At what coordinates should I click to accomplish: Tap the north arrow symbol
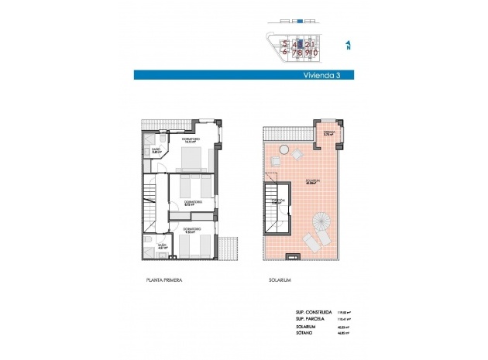[x=348, y=46]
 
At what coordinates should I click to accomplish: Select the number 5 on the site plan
[x=286, y=44]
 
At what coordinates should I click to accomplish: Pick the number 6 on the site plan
[x=286, y=53]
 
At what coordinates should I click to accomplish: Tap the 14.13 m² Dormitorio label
[x=191, y=142]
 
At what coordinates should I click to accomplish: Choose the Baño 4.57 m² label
[x=163, y=247]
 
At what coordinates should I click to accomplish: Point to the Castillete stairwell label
[x=277, y=202]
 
